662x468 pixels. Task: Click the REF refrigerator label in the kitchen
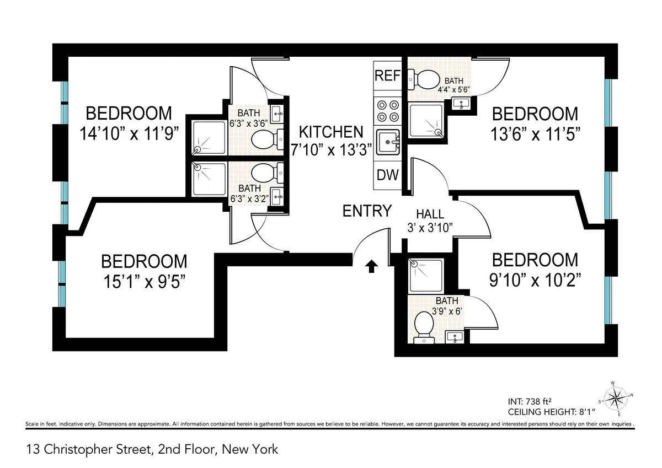[387, 76]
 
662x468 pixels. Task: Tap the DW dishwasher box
[387, 175]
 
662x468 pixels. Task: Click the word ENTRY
[367, 211]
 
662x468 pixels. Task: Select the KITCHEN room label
[331, 132]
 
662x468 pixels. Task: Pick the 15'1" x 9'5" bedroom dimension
[143, 281]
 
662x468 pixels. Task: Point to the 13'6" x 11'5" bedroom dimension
[535, 134]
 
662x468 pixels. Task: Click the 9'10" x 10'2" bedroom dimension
[535, 279]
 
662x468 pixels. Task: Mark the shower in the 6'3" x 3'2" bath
[208, 179]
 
